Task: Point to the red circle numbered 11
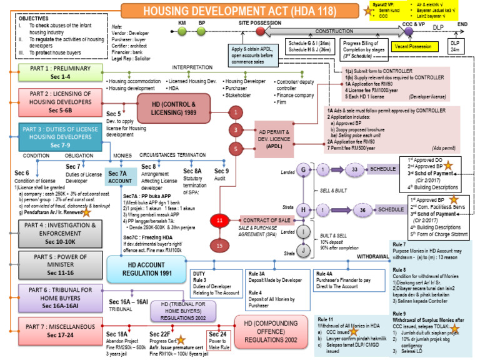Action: pyautogui.click(x=218, y=221)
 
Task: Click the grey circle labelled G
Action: pyautogui.click(x=304, y=169)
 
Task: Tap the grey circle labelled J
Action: pyautogui.click(x=304, y=252)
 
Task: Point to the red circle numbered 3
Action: pyautogui.click(x=235, y=130)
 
